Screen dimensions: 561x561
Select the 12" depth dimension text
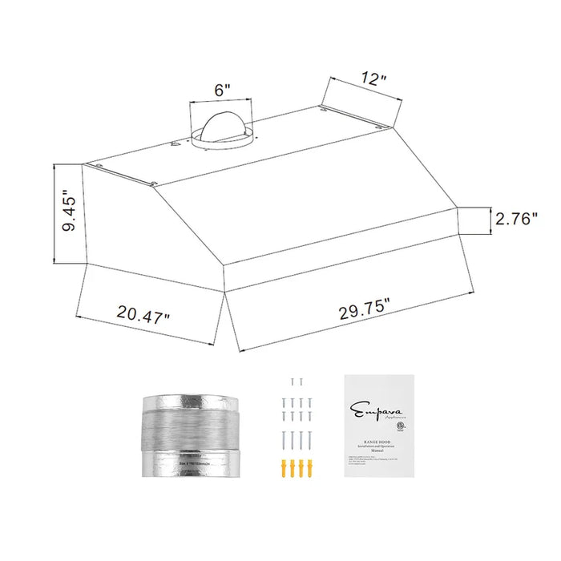(x=373, y=79)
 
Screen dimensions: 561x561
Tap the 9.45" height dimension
(x=70, y=214)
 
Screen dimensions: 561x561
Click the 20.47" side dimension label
(x=143, y=313)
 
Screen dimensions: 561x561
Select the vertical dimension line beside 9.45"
(x=54, y=214)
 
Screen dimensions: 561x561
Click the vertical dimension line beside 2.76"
(x=490, y=220)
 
